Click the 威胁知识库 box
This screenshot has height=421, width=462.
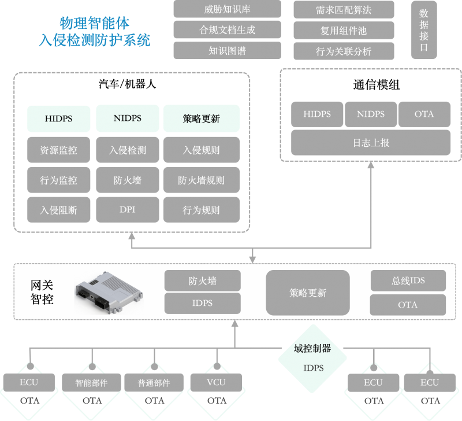227,9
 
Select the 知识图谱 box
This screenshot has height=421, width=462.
227,50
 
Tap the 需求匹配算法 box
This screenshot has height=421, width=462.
344,10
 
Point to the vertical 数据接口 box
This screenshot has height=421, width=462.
424,30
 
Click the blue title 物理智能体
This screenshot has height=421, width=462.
95,23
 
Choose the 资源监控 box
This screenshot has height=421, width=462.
59,150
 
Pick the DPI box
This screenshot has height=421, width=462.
128,209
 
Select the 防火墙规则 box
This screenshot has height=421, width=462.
201,180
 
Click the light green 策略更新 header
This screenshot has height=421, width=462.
201,119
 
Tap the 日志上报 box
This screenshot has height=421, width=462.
371,143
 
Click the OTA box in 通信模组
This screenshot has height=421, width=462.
424,114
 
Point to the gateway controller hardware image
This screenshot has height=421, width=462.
109,292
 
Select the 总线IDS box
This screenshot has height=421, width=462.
408,280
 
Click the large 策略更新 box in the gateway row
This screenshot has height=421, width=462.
308,293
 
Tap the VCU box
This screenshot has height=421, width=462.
216,382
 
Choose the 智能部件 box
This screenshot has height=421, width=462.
91,382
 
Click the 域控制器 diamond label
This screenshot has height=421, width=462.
312,349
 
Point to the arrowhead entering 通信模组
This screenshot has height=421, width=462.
371,165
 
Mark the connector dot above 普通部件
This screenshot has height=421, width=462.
154,367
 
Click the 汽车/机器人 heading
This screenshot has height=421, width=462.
127,84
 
